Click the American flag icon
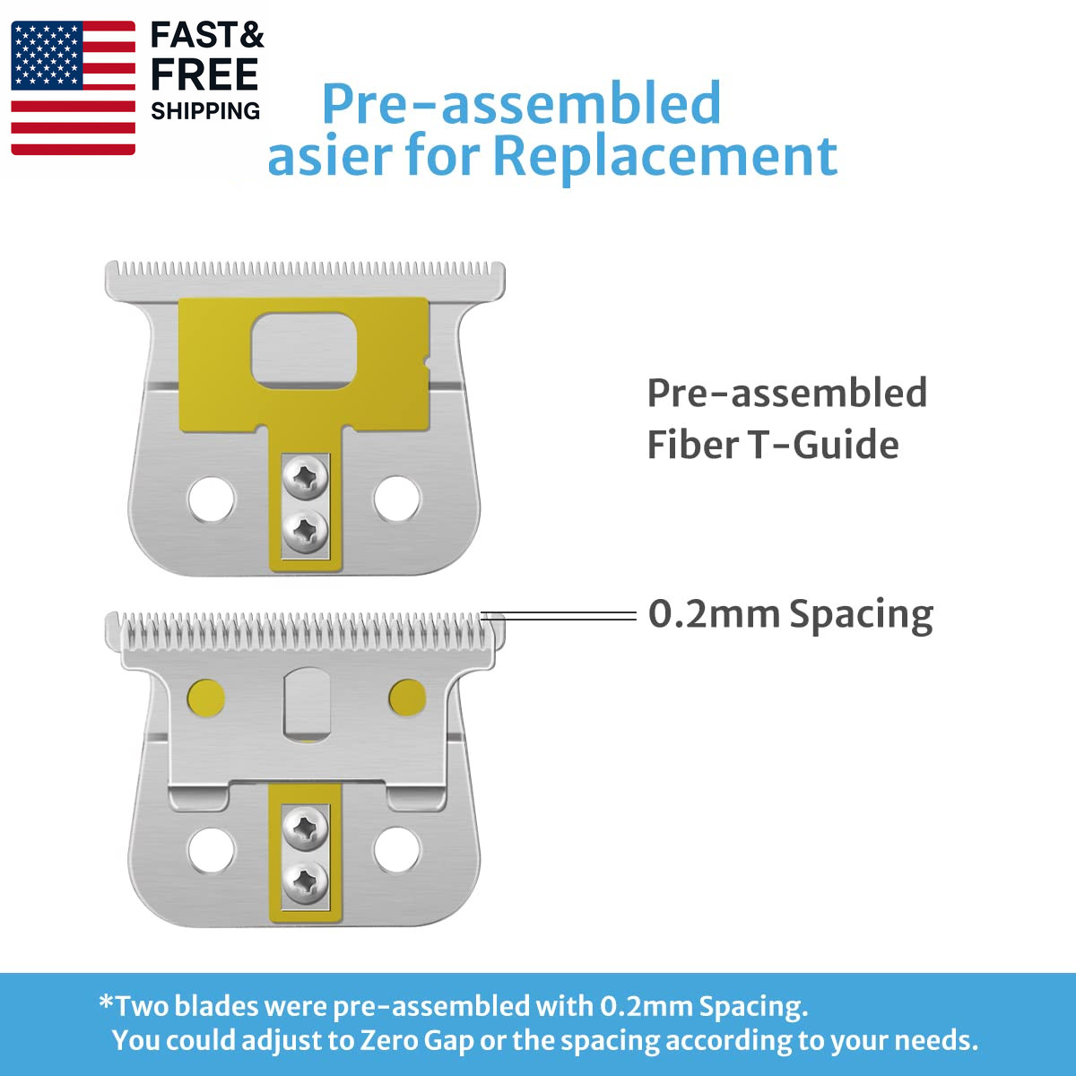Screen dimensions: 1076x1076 [x=74, y=88]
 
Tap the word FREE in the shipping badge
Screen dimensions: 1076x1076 [x=204, y=74]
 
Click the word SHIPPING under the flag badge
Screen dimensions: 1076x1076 [x=205, y=111]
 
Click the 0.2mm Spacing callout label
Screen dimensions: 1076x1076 [x=791, y=614]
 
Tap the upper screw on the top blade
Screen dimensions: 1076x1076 [x=305, y=478]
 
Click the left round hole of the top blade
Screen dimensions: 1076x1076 [x=212, y=499]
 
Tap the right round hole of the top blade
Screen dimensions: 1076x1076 [x=397, y=499]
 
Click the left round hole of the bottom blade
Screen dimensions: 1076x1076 [x=212, y=850]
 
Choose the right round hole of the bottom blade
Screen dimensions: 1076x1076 [x=397, y=850]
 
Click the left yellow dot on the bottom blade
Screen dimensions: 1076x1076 [x=206, y=698]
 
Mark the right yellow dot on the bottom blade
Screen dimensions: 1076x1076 [x=408, y=698]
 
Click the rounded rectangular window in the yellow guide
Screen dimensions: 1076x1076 [x=304, y=350]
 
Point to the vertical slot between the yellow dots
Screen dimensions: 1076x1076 [x=308, y=702]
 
